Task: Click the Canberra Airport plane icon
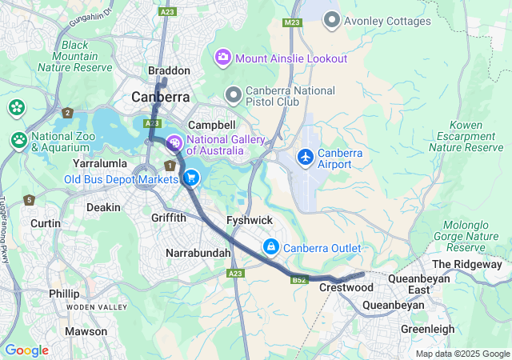tap(305, 157)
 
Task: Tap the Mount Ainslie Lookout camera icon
tap(223, 58)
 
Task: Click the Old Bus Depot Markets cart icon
tap(191, 178)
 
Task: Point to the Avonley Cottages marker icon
tap(332, 21)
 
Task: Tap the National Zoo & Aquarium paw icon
tap(19, 140)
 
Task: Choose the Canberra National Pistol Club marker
tap(234, 95)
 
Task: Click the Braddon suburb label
tap(169, 70)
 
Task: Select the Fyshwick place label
tap(250, 219)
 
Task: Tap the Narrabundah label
tap(198, 253)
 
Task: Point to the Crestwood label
tap(346, 286)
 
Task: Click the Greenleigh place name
tap(427, 329)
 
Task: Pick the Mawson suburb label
tap(86, 331)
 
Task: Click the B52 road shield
tap(299, 280)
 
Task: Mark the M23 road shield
tap(291, 23)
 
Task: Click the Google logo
tap(26, 350)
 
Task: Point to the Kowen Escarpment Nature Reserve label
tap(466, 136)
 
